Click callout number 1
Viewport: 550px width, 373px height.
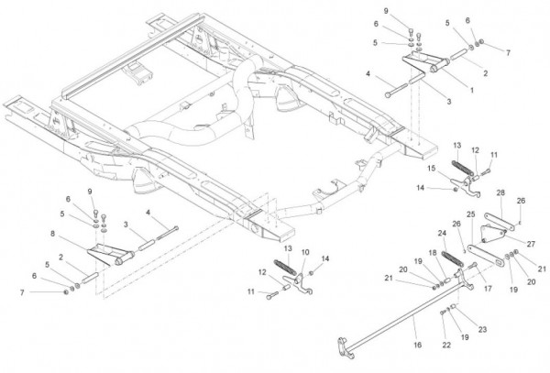(471, 90)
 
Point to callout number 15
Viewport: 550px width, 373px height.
(430, 169)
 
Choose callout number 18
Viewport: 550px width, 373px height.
(433, 252)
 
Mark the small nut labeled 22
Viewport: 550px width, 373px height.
(445, 313)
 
